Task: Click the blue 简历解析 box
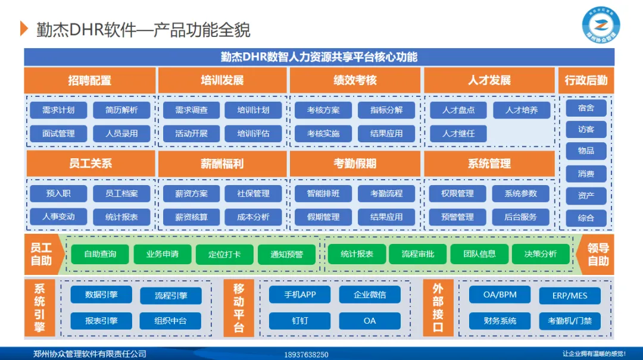(121, 110)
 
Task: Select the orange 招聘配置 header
(89, 80)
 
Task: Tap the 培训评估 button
(253, 133)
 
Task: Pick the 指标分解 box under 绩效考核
(386, 110)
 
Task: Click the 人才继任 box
(458, 133)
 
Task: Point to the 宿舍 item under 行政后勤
(586, 108)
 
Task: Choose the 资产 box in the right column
(586, 195)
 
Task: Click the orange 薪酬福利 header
(222, 164)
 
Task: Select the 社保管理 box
(253, 193)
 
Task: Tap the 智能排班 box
(323, 193)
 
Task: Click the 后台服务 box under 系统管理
(520, 217)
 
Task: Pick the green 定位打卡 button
(224, 254)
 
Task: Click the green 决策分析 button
(541, 254)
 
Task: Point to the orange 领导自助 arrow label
(597, 255)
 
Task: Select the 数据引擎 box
(101, 295)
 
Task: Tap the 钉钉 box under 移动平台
(299, 321)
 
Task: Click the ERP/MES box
(570, 296)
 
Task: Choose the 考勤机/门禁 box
(570, 321)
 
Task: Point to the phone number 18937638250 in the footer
(306, 355)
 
